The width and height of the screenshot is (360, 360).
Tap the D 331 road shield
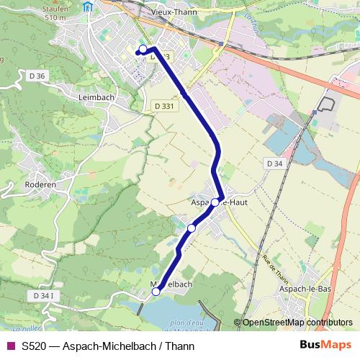coord(164,106)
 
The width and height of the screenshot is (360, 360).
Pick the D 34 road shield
coord(273,163)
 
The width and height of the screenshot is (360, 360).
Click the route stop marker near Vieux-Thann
coord(143,49)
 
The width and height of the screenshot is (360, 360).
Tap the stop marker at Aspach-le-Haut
coord(215,202)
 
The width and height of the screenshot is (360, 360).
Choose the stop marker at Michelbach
coord(156,292)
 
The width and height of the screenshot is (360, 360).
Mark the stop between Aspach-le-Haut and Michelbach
coord(191,228)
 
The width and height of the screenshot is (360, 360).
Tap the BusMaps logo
coord(325,346)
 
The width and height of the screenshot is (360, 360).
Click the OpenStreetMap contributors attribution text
coord(294,323)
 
